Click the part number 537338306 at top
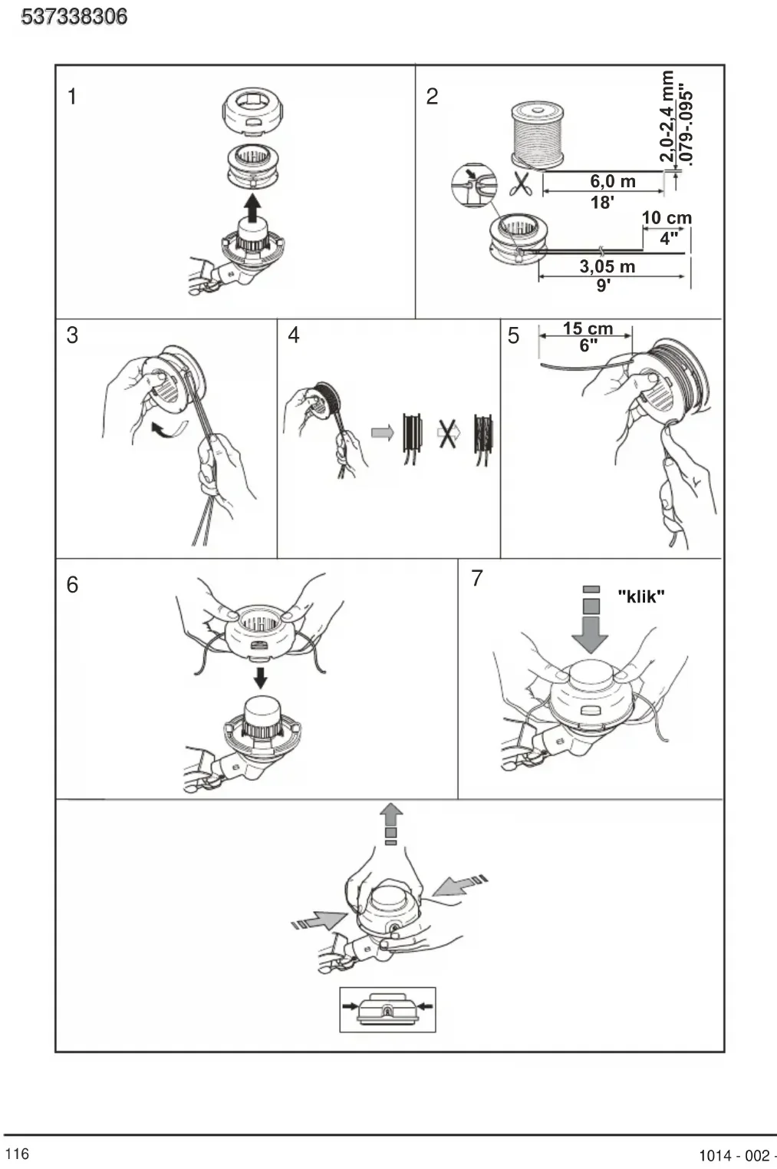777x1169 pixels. click(74, 17)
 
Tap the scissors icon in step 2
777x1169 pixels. click(520, 183)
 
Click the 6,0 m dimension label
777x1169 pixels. click(613, 181)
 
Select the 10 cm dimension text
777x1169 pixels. click(667, 218)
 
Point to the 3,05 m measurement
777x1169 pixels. click(607, 266)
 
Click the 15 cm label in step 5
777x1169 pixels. click(588, 329)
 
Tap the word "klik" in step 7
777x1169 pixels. click(641, 596)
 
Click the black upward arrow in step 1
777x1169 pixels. click(252, 208)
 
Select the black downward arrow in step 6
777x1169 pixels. click(260, 676)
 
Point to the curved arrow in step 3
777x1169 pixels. click(168, 430)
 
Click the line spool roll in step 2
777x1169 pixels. click(537, 135)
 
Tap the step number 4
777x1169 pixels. click(294, 335)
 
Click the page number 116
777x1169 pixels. click(18, 1154)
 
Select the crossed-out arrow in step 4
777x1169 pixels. click(449, 433)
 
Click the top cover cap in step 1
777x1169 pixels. click(253, 111)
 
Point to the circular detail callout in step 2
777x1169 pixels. click(474, 186)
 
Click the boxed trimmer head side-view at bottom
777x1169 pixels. click(387, 1009)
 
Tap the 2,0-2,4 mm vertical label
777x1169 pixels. click(667, 117)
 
